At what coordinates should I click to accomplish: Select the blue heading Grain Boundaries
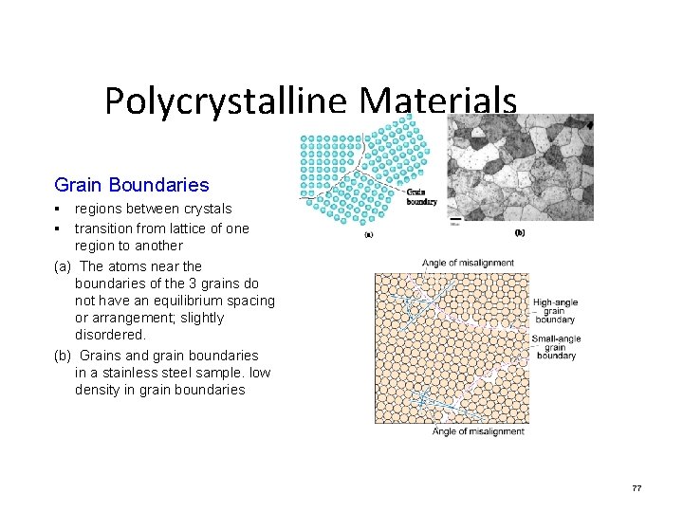(132, 185)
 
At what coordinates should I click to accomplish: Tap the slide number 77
(637, 488)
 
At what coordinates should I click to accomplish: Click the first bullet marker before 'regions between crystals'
(58, 209)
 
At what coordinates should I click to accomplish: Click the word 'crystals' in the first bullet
(205, 209)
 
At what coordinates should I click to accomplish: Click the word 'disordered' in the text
(109, 335)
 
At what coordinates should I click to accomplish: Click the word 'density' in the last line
(99, 390)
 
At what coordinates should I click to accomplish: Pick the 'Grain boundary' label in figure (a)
(422, 196)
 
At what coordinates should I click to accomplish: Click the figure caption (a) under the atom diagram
(368, 235)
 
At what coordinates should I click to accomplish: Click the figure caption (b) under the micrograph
(520, 233)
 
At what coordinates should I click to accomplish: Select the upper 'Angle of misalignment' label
(468, 263)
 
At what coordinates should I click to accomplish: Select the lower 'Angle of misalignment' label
(478, 431)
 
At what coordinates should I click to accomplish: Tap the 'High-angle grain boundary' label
(555, 311)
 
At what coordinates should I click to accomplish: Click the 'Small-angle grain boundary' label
(556, 347)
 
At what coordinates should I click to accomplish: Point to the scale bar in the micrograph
(455, 221)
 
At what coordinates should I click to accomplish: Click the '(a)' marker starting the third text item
(64, 266)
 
